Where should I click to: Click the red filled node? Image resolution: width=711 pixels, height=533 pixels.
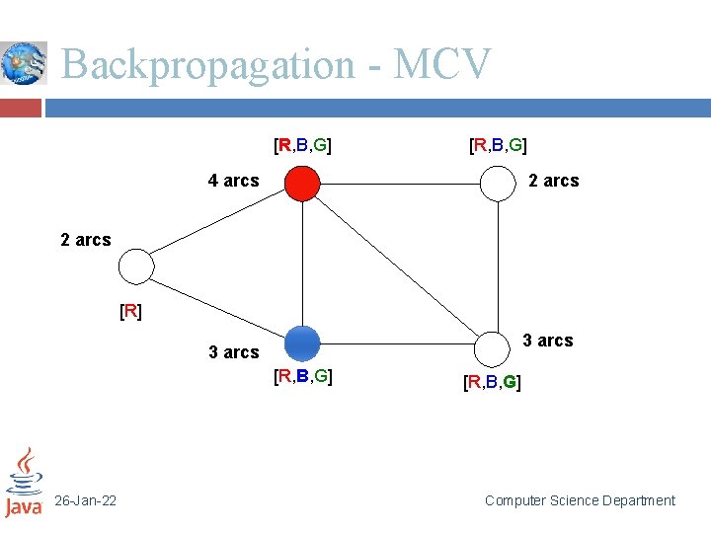tap(302, 183)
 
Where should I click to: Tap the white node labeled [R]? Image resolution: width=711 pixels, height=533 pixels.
tap(136, 266)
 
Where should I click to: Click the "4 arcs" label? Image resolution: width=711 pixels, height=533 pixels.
tap(233, 181)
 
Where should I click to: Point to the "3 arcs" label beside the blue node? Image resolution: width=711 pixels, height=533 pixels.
tap(233, 352)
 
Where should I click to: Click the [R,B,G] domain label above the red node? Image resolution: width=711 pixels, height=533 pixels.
tap(302, 146)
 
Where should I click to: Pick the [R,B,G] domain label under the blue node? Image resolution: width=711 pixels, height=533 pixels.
tap(302, 376)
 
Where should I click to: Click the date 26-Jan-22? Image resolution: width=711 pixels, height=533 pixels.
tap(85, 501)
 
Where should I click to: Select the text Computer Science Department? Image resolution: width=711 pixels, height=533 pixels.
tap(580, 501)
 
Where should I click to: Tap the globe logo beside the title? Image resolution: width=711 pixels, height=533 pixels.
tap(23, 64)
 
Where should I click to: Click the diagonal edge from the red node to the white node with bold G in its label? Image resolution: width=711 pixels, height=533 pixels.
tap(400, 266)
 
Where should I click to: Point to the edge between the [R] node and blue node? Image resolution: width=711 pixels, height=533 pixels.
tap(217, 305)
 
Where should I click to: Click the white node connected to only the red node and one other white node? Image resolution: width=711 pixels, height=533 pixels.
tap(498, 183)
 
